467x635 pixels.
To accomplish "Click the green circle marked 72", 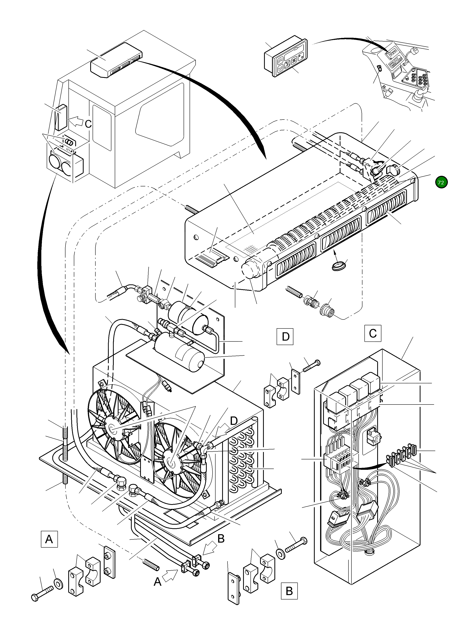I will pos(441,182).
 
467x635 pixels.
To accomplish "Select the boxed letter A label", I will pos(49,539).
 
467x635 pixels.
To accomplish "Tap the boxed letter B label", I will pos(289,591).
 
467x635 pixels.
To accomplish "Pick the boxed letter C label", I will pos(373,333).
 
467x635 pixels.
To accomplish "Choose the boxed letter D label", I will pos(285,337).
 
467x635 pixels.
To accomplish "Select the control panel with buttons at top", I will pos(286,56).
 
